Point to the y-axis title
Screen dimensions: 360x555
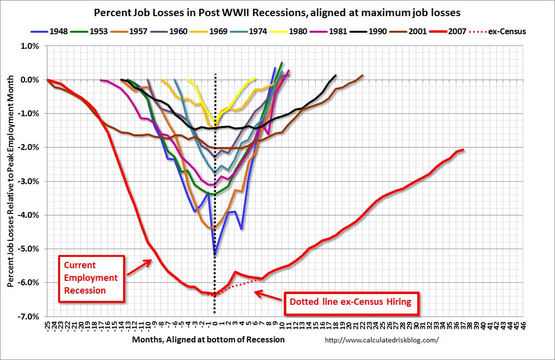11,181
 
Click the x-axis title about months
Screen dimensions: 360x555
208,339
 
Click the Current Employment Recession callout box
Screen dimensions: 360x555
91,277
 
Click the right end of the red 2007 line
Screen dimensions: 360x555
463,149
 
